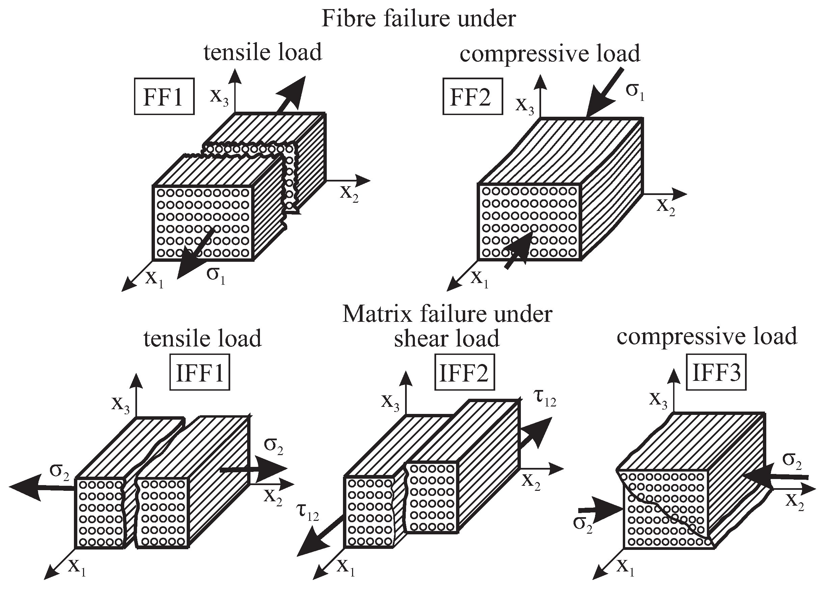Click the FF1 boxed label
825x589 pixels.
[164, 96]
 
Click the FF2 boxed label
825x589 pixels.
[472, 96]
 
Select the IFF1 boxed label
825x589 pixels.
[199, 372]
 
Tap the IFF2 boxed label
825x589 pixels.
[464, 372]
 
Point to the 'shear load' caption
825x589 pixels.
[447, 338]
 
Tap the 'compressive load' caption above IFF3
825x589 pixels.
[707, 336]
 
